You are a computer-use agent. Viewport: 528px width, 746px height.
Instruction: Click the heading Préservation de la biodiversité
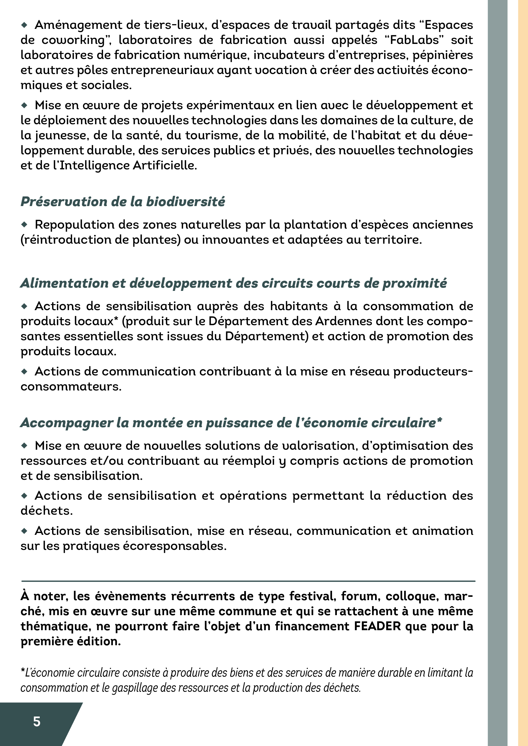point(123,202)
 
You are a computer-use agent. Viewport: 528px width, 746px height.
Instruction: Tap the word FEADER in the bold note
point(377,626)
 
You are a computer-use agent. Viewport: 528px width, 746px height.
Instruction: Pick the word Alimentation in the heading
point(63,283)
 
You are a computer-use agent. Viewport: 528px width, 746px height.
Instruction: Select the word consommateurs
point(70,387)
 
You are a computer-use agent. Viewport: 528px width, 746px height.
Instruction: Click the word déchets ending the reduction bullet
point(46,510)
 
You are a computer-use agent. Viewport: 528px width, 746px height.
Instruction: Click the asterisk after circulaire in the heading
point(439,421)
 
